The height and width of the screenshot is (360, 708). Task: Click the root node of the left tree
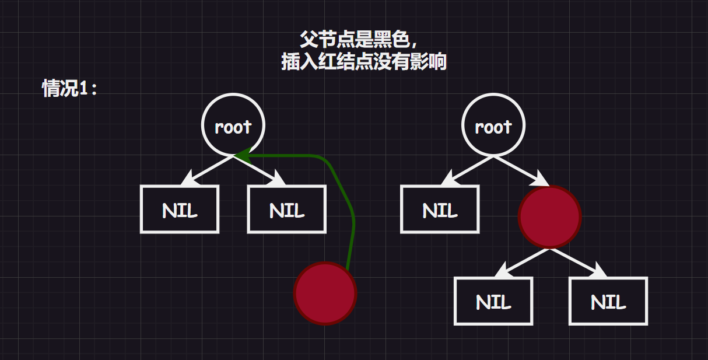pyautogui.click(x=233, y=125)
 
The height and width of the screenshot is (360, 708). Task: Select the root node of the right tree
pyautogui.click(x=493, y=125)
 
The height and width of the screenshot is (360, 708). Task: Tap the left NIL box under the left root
pyautogui.click(x=180, y=209)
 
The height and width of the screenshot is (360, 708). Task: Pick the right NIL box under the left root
pyautogui.click(x=287, y=209)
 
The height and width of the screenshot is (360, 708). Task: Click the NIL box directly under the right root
pyautogui.click(x=440, y=209)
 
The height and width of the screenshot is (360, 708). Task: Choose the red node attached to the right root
pyautogui.click(x=549, y=216)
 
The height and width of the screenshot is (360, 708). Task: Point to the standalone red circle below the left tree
pyautogui.click(x=325, y=293)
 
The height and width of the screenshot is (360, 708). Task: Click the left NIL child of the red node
pyautogui.click(x=493, y=301)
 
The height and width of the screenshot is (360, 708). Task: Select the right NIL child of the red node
pyautogui.click(x=608, y=301)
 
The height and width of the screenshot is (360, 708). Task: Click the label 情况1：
pyautogui.click(x=70, y=89)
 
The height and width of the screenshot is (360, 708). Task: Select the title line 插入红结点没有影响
pyautogui.click(x=364, y=61)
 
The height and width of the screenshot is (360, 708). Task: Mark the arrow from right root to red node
pyautogui.click(x=521, y=171)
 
